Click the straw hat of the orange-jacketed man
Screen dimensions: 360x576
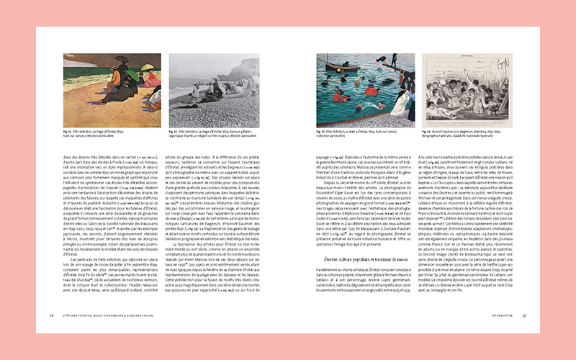pos(114,71)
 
